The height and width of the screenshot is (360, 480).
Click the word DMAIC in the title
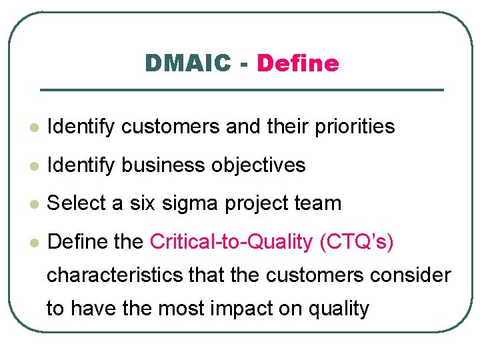(188, 63)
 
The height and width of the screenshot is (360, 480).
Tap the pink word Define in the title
(297, 63)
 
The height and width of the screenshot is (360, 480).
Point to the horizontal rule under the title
(241, 90)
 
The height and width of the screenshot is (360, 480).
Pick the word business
(167, 165)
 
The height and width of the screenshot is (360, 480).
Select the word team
(319, 203)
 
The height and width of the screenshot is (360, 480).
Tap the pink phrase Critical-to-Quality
(231, 242)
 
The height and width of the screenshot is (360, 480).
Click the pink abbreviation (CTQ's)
(357, 242)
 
